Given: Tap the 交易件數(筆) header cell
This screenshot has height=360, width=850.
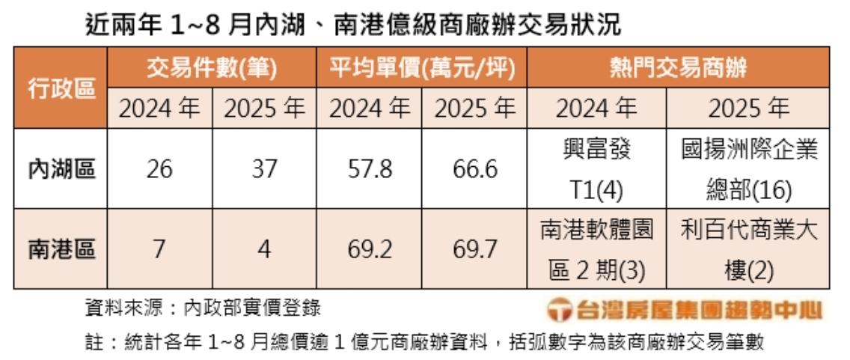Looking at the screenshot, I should (212, 69).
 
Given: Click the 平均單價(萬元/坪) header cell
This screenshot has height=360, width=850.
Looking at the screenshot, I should (422, 69).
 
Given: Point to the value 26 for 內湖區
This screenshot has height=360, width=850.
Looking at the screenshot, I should (159, 169).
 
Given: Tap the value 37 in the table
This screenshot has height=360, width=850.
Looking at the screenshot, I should (264, 169).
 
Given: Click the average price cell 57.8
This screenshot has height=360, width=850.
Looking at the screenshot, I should (370, 169).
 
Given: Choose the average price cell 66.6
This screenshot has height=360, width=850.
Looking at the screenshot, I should (475, 169).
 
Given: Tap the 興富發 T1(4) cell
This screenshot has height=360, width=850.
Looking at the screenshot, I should (597, 169).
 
